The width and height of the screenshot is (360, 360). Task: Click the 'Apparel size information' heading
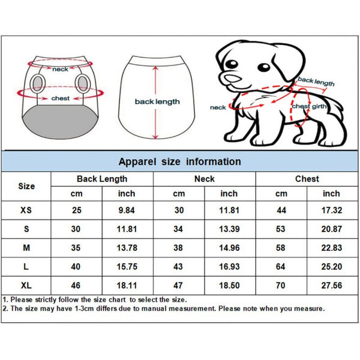179,161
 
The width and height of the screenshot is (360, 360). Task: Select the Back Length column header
102,179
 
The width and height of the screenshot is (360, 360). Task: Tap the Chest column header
307,179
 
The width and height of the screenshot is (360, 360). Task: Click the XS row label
26,210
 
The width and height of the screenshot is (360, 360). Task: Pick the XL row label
26,284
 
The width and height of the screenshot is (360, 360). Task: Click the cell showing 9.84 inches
127,210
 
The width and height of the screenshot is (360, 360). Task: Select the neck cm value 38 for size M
179,247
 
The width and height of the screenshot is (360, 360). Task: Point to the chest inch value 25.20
331,266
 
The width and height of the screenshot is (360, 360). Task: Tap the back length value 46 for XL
76,284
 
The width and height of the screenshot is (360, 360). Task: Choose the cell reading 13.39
229,229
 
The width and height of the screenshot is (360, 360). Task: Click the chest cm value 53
281,229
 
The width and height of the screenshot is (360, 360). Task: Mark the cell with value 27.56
331,284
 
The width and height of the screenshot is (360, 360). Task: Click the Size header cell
26,186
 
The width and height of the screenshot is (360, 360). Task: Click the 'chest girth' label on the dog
310,106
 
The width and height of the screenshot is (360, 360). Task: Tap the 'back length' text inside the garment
157,102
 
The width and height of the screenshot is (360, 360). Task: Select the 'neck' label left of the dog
218,107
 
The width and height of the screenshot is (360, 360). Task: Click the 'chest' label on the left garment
60,98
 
